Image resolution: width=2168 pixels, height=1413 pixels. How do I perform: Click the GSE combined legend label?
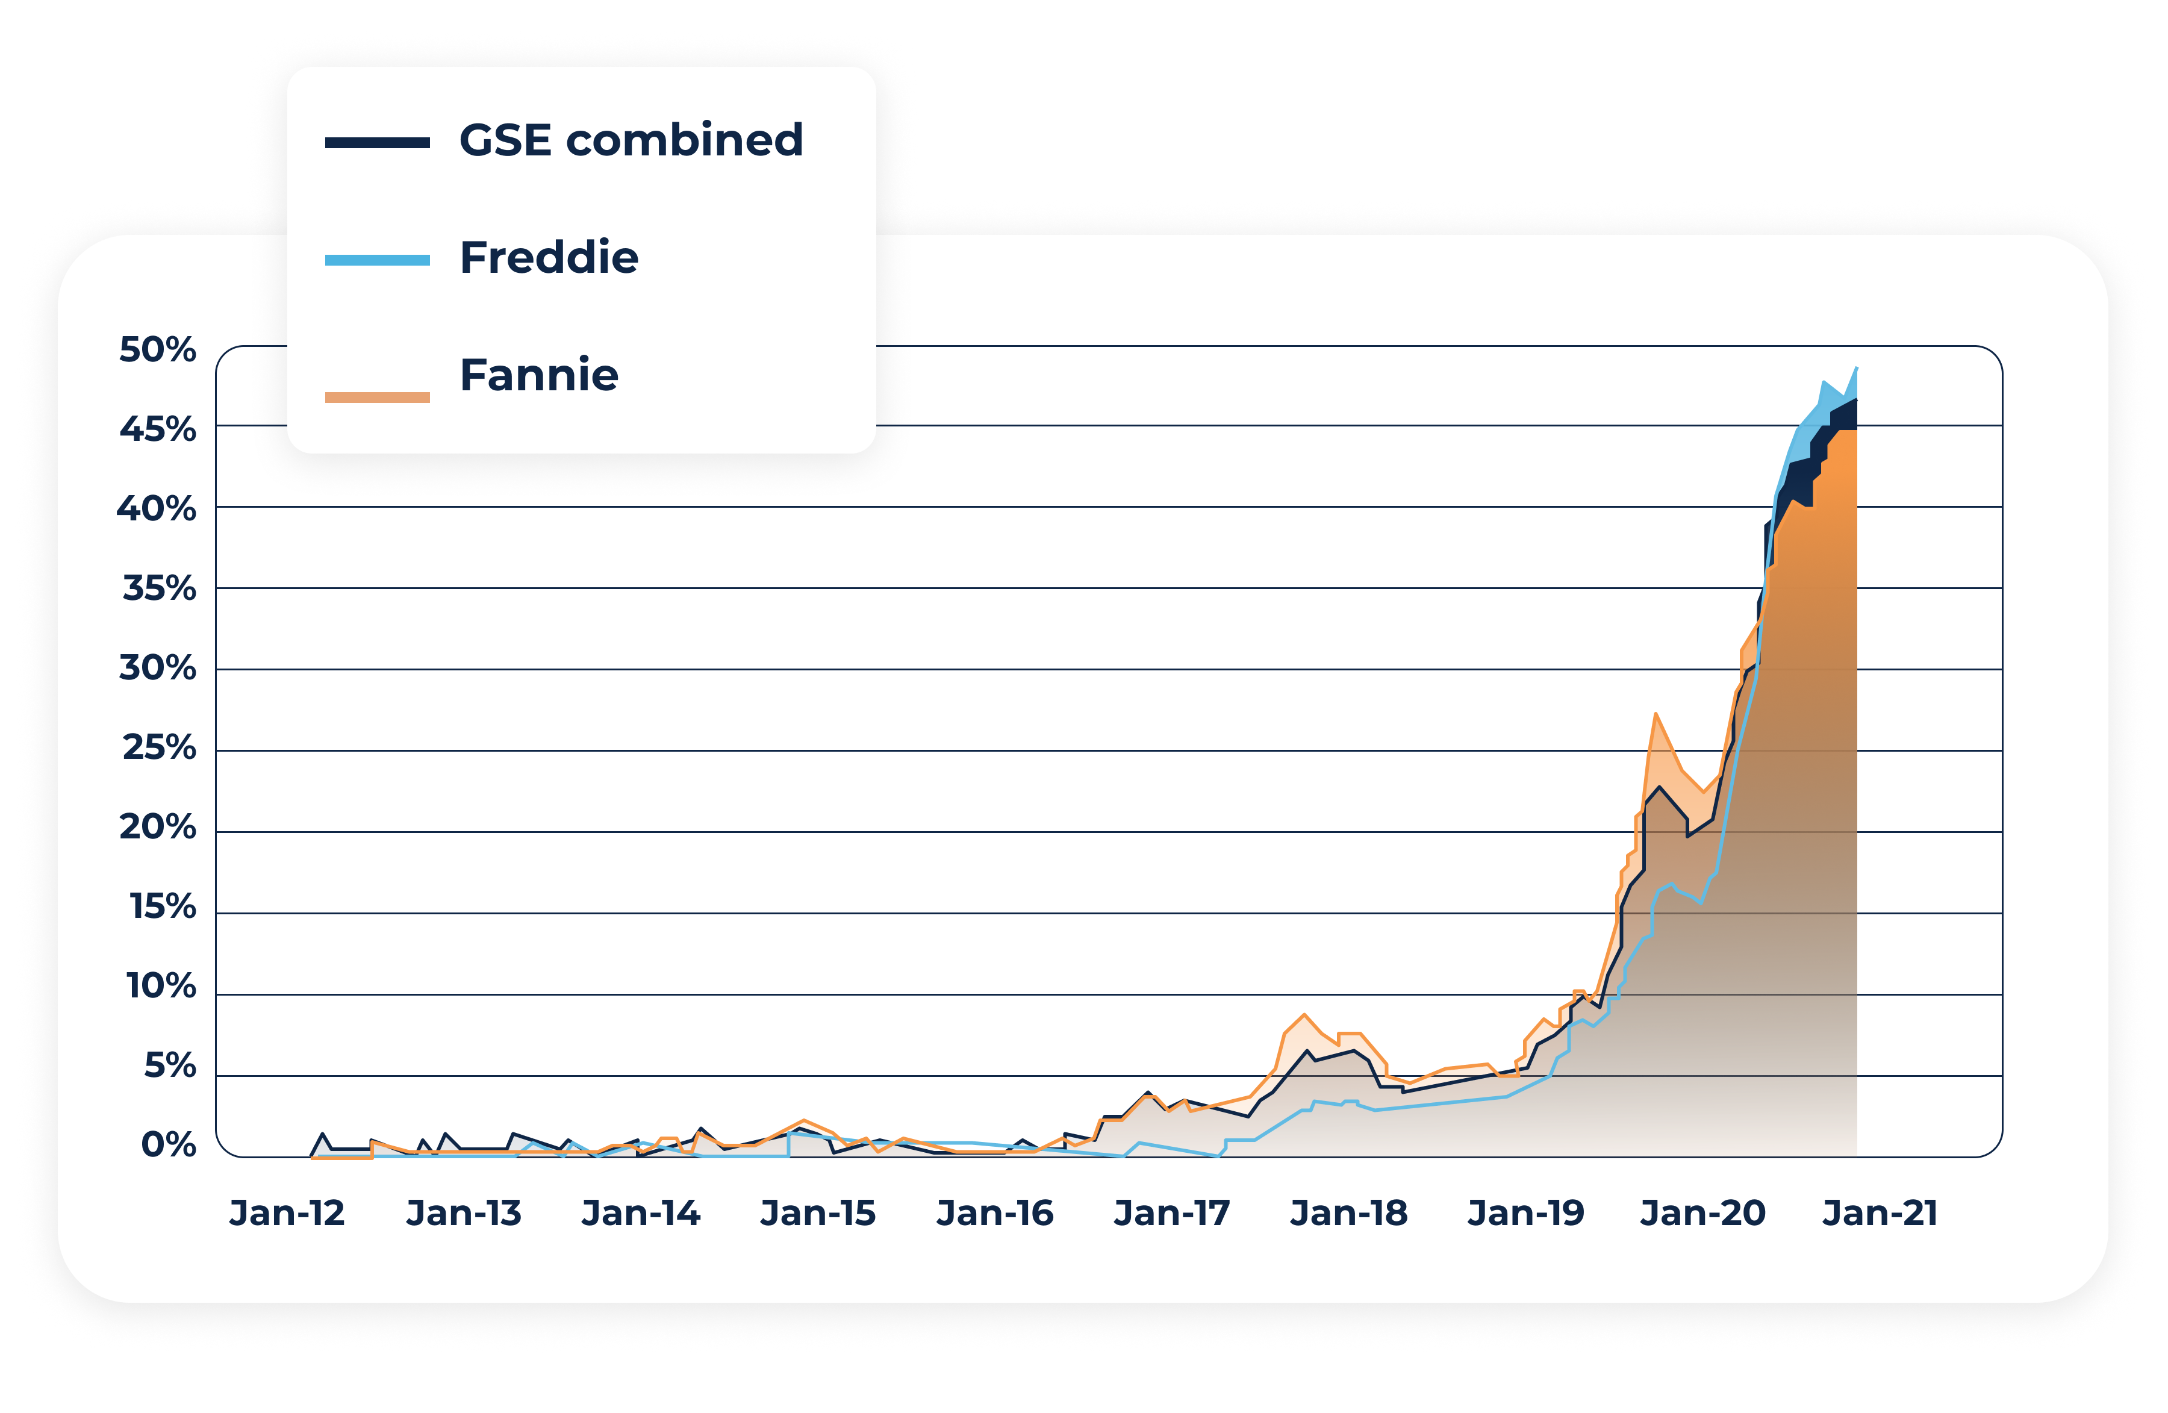point(631,141)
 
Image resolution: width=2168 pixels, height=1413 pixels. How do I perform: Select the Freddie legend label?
point(549,258)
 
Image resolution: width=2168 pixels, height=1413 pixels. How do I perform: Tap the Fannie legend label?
point(538,375)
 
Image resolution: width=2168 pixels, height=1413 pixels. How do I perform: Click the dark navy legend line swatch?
point(377,143)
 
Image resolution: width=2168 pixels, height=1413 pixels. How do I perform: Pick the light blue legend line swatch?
point(377,261)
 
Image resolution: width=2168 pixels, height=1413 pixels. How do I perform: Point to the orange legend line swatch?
point(377,397)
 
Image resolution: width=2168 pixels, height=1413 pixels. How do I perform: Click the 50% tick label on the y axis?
point(158,350)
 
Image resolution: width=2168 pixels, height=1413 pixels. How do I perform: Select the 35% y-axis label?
point(160,588)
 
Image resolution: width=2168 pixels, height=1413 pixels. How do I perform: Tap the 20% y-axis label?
point(158,827)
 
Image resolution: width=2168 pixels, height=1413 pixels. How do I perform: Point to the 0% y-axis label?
point(169,1145)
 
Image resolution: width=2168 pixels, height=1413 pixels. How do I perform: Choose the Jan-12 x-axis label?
point(287,1214)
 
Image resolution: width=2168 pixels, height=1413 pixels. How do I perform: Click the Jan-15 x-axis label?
point(818,1214)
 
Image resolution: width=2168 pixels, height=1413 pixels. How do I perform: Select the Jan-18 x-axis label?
point(1349,1214)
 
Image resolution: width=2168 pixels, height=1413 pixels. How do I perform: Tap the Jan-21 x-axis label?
point(1880,1214)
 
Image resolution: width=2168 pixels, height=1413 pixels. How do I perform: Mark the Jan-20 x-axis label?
point(1702,1214)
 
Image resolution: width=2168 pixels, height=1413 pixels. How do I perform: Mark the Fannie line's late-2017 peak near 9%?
point(1304,1015)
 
